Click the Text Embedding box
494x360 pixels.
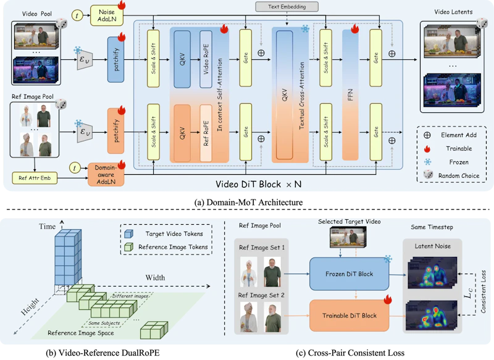tap(287, 7)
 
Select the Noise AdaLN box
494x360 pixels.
tap(106, 15)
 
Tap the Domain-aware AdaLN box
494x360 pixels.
tap(106, 175)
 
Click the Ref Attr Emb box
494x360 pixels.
tap(35, 178)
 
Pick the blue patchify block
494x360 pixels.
tap(116, 59)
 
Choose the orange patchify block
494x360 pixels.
tap(116, 131)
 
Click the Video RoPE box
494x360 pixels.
tap(206, 59)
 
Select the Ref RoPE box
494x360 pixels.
tap(206, 133)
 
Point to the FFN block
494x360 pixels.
tap(350, 95)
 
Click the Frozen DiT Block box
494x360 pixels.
tap(349, 274)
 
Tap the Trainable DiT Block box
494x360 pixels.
tap(349, 316)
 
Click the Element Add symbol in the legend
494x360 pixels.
tap(427, 135)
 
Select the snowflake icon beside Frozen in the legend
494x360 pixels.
tap(427, 162)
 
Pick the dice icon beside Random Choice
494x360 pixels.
tap(428, 175)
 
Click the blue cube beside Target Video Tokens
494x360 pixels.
tap(128, 233)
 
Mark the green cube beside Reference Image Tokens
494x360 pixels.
tap(128, 247)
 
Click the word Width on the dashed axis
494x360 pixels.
tap(155, 277)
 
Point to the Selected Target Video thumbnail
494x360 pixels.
tap(348, 237)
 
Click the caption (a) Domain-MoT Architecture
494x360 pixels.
tap(248, 202)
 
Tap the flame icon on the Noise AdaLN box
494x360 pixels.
tap(121, 5)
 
